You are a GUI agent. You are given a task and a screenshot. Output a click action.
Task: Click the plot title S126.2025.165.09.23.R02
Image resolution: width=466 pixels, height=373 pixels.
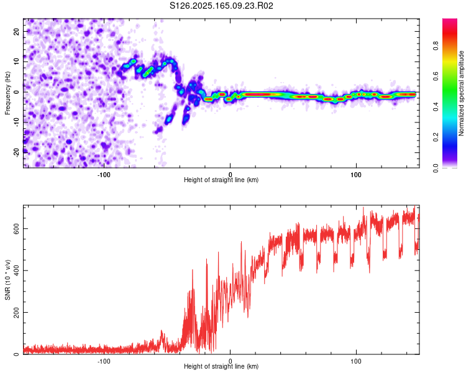pos(221,6)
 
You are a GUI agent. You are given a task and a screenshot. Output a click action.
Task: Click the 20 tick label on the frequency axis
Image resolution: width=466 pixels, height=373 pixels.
pos(16,31)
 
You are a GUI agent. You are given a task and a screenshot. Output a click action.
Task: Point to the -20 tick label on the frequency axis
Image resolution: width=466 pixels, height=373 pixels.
pos(16,153)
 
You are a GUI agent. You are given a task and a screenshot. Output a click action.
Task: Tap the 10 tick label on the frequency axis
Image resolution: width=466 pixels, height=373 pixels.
pos(16,62)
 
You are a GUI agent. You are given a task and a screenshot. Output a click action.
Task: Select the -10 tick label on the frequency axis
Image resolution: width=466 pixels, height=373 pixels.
pos(16,122)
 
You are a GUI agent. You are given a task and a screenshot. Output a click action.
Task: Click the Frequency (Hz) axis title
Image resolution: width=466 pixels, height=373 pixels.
pos(7,93)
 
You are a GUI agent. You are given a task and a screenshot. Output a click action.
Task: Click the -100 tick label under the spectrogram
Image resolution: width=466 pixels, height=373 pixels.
pos(104,175)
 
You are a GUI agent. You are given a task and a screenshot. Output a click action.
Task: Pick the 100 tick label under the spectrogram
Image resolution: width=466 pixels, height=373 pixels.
pos(356,175)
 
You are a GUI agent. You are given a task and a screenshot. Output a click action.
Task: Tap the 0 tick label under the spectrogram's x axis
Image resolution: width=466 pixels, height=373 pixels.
pos(230,175)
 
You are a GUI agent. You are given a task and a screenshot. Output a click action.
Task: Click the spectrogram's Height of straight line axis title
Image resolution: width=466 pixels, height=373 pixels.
pos(221,180)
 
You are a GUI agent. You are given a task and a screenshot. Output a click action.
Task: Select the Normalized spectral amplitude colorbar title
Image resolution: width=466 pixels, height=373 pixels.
pos(461,93)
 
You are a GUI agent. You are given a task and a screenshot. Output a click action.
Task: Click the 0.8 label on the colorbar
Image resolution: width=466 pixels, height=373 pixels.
pos(436,46)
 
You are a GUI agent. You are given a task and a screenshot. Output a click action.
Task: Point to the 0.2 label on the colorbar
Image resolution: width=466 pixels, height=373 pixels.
pos(436,137)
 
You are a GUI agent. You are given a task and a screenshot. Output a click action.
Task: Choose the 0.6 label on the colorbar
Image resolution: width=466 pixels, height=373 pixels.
pos(436,76)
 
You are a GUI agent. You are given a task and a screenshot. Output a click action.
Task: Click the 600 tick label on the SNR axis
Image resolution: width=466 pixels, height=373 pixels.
pos(16,228)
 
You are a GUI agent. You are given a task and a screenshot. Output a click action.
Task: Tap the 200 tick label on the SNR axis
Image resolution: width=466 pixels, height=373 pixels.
pos(16,312)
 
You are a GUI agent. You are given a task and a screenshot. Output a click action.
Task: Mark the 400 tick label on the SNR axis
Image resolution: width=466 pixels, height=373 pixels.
pos(16,270)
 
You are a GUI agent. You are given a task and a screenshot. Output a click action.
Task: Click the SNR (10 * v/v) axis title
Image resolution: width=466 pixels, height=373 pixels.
pos(7,280)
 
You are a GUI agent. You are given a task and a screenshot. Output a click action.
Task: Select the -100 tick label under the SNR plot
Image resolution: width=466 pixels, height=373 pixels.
pos(104,361)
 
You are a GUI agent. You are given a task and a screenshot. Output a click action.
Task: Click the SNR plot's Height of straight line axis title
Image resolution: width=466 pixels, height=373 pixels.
pos(221,366)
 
